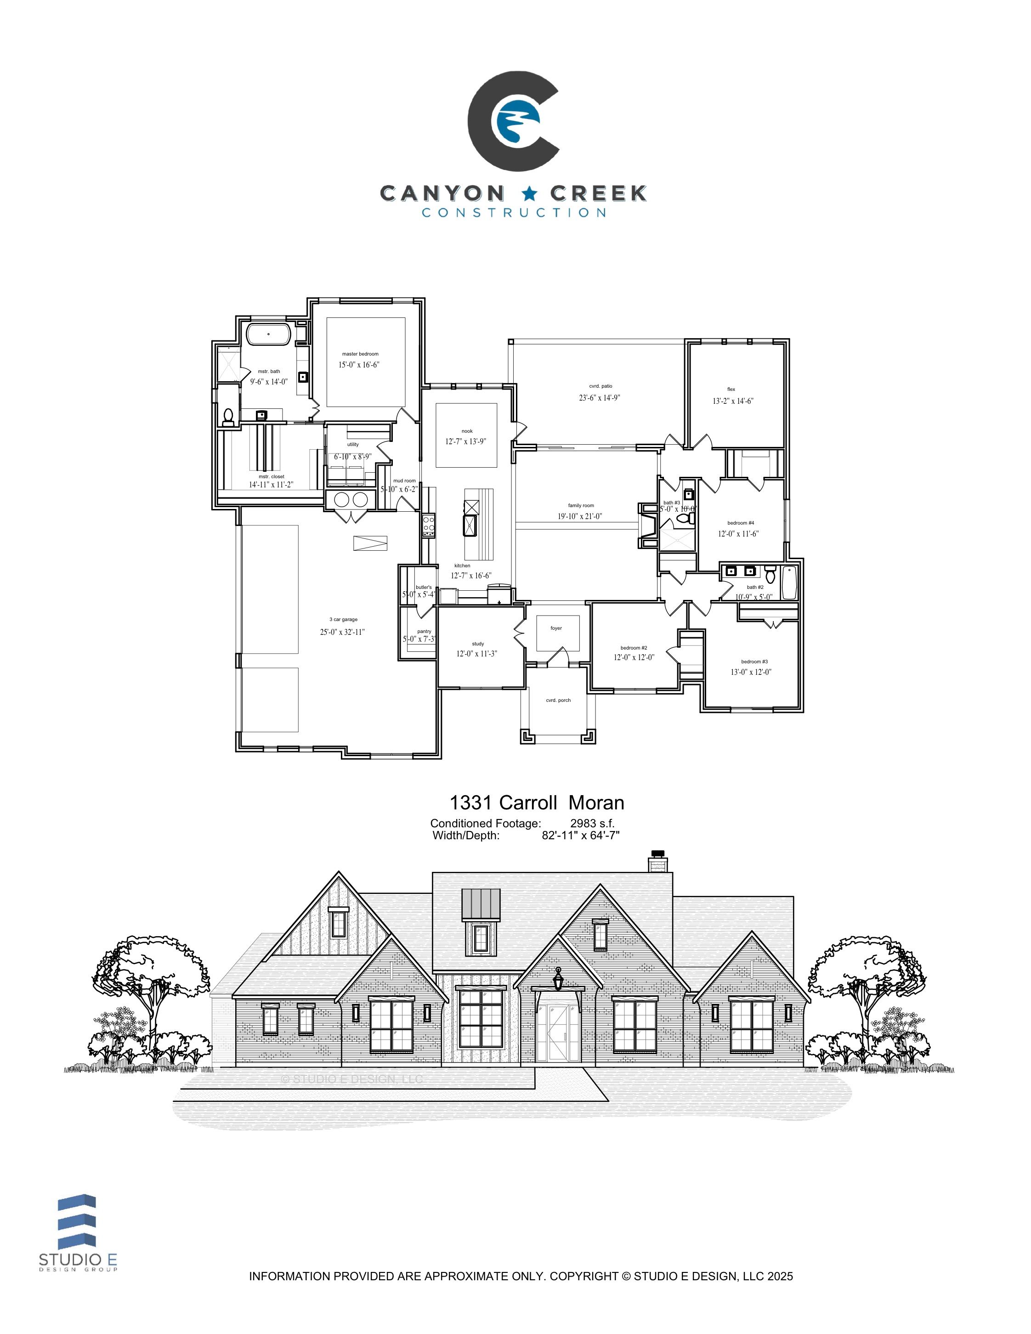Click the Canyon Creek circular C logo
[x=513, y=121]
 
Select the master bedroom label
[x=360, y=354]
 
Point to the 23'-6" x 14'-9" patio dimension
[x=600, y=398]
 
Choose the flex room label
[x=731, y=389]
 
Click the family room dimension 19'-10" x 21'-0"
[x=580, y=516]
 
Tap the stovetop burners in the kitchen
[x=429, y=526]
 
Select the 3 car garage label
[x=343, y=619]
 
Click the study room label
[x=478, y=644]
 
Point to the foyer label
[x=556, y=628]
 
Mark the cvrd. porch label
[x=558, y=700]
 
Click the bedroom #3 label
[x=754, y=661]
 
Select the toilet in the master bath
[x=228, y=416]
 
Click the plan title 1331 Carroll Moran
[x=537, y=802]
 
